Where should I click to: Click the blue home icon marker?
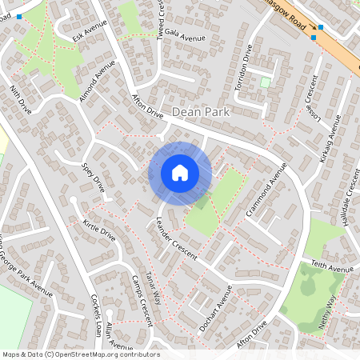coord(180,173)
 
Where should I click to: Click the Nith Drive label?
coord(20,97)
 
